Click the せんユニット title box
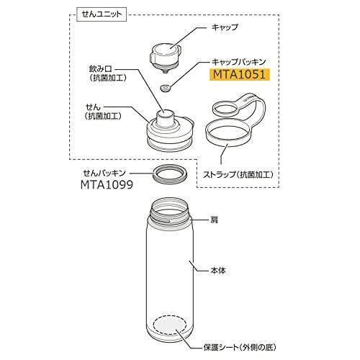point(102,14)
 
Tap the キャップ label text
point(225,27)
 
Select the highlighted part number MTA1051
point(240,74)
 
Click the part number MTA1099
point(107,185)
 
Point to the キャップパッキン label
point(238,62)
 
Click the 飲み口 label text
point(101,69)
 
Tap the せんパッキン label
point(104,173)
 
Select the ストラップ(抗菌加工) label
point(238,174)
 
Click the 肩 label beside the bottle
point(214,220)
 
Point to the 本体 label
point(218,271)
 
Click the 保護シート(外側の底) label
point(240,347)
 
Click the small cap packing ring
point(165,88)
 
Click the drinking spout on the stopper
point(165,118)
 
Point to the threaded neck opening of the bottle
point(170,209)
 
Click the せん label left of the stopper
point(93,107)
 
